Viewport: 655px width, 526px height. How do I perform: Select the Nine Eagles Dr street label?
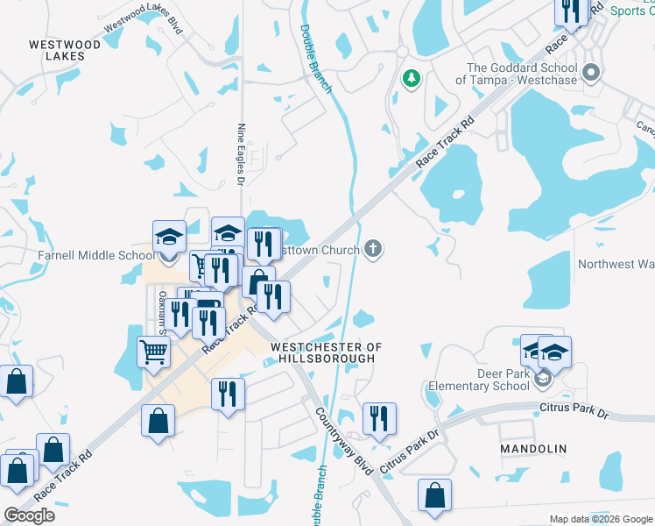click(240, 153)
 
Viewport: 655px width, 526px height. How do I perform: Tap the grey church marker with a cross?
click(374, 250)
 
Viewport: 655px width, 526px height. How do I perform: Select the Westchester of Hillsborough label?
click(327, 352)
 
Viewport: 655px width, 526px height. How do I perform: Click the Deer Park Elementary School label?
click(479, 379)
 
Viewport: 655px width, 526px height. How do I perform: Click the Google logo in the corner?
click(29, 515)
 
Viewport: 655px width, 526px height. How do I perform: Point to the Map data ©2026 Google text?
click(600, 519)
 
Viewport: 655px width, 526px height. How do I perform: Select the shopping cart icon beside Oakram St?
click(153, 352)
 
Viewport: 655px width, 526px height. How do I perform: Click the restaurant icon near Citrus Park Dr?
click(378, 418)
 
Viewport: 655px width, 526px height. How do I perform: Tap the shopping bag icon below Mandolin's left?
click(434, 495)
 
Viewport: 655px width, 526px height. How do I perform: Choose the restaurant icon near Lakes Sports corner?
click(571, 11)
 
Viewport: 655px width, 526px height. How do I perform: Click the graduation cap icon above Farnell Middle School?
click(169, 237)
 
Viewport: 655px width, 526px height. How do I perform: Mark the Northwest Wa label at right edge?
click(616, 264)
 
